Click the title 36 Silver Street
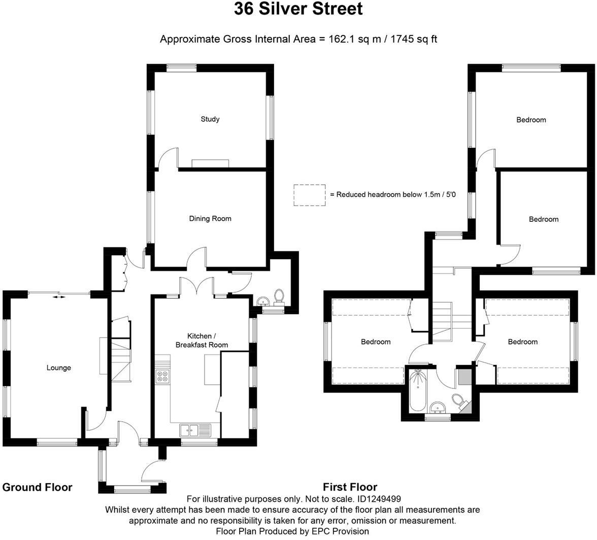click(298, 9)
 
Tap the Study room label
click(210, 119)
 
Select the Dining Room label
click(210, 219)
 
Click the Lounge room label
click(59, 368)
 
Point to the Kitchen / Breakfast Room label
click(202, 341)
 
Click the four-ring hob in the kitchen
click(163, 376)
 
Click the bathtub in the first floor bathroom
click(418, 391)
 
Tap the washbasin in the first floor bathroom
click(437, 407)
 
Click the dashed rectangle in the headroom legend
click(310, 195)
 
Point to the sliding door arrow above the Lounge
click(59, 296)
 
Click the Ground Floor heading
click(38, 487)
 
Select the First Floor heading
click(350, 487)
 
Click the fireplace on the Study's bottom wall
click(211, 162)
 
